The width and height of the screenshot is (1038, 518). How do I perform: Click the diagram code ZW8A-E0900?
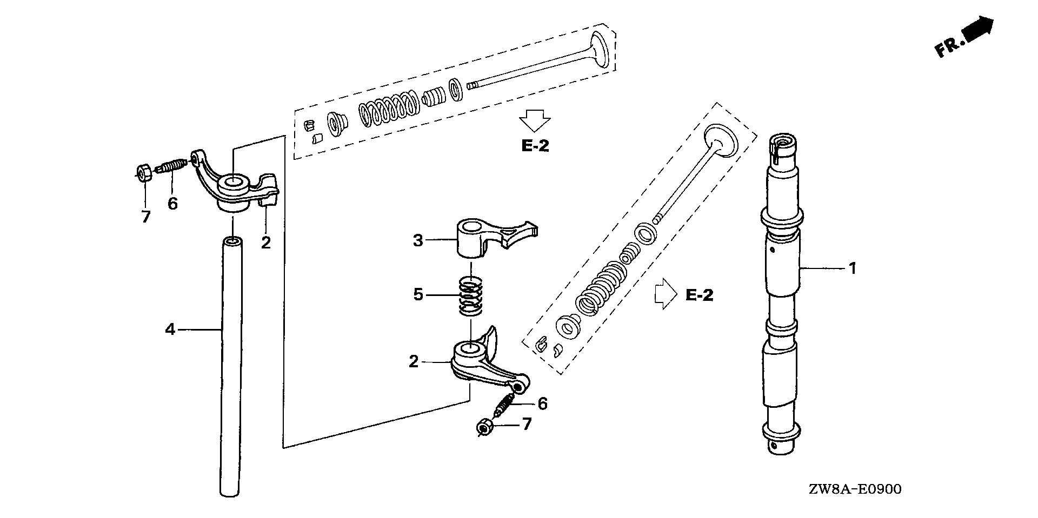click(855, 489)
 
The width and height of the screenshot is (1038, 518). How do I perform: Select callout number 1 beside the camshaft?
click(853, 268)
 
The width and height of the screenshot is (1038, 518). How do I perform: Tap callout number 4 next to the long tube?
click(170, 329)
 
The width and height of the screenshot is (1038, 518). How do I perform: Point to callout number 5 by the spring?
click(418, 295)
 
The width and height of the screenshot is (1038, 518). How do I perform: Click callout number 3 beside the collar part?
click(418, 240)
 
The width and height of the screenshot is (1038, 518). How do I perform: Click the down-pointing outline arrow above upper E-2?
click(535, 120)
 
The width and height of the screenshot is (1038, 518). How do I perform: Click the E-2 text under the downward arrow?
click(535, 146)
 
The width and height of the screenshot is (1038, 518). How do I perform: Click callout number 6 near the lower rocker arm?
click(542, 403)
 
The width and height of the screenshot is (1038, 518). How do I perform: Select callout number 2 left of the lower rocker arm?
click(414, 361)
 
